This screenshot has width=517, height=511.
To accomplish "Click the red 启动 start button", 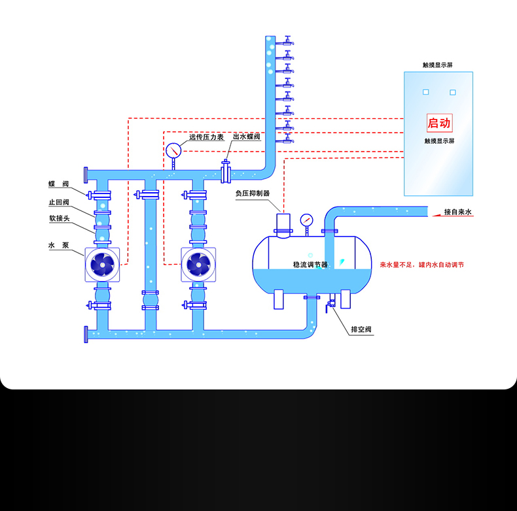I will (439, 123).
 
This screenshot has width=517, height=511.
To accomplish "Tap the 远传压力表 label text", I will (207, 137).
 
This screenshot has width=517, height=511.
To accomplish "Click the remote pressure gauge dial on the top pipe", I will (173, 150).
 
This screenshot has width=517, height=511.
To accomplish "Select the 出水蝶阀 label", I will (247, 137).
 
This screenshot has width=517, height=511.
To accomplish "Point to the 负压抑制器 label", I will (253, 193).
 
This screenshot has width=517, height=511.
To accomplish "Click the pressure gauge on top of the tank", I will (306, 220).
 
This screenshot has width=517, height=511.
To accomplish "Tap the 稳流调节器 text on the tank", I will (310, 265).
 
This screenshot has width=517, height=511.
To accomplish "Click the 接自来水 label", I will (458, 212).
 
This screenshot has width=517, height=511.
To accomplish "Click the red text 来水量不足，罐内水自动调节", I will (422, 265).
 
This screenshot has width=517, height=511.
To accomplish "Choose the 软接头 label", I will (59, 219).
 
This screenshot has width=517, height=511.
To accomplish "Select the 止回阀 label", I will (59, 202).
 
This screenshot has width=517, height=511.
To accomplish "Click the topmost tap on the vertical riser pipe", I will (287, 43).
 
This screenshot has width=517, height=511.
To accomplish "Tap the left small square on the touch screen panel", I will (425, 92).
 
